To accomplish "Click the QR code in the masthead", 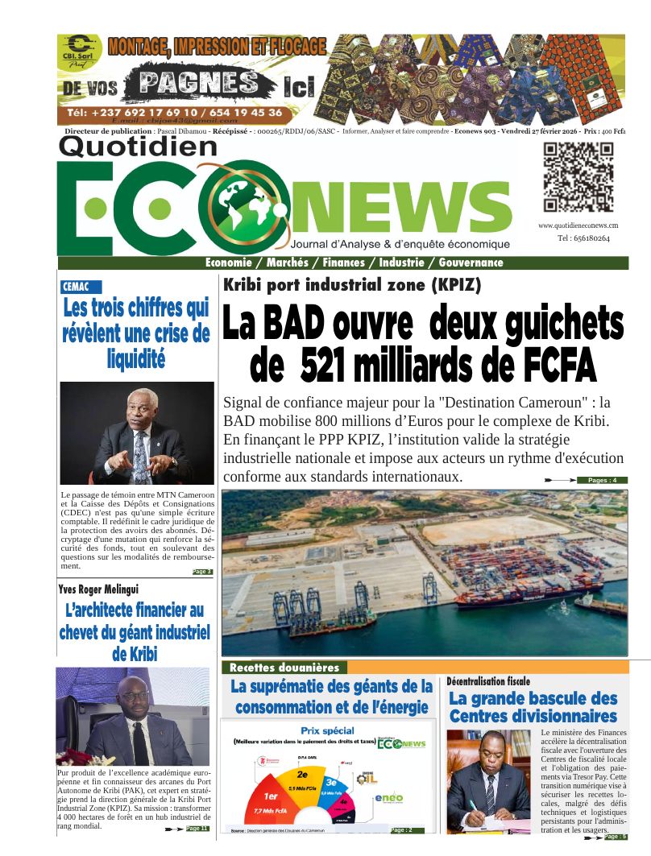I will point(578,176).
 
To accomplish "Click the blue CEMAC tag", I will point(81,287).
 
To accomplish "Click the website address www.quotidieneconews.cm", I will point(578,225).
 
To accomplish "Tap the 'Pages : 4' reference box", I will point(602,481).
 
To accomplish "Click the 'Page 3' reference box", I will point(202,572).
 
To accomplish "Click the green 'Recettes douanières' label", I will point(284,668).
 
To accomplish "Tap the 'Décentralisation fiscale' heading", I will point(489,681).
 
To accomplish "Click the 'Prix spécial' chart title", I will point(327,730).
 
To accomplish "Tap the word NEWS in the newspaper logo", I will point(404,210).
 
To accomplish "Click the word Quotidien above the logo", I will point(139,146).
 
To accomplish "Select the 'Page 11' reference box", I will point(197,828).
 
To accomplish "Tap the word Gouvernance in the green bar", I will point(471,263).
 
